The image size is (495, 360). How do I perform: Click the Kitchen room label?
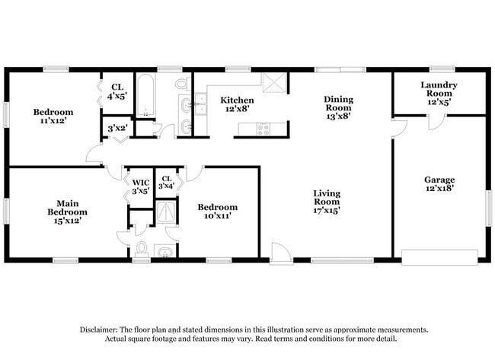tap(237, 105)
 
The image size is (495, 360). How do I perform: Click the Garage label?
tap(439, 185)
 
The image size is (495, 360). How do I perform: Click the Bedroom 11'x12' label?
tap(53, 117)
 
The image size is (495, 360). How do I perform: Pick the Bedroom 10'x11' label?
tap(217, 211)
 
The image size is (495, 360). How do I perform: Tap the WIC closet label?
tap(140, 186)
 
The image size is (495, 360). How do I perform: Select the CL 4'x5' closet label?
tap(117, 91)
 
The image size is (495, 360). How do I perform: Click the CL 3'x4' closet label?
tap(166, 183)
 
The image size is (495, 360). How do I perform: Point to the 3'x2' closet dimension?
tap(117, 129)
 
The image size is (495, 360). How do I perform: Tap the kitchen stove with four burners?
tap(263, 129)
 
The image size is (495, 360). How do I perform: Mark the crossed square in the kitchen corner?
tap(272, 82)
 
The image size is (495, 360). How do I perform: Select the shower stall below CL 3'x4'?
tap(166, 212)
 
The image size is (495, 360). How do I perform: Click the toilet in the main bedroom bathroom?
tap(142, 248)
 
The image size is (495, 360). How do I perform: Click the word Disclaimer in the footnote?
tap(102, 330)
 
